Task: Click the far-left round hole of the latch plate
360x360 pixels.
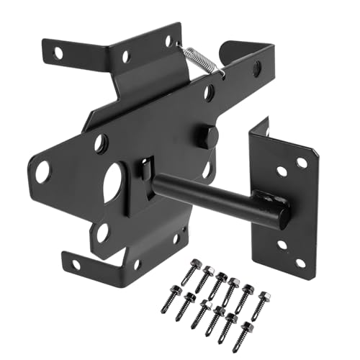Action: click(x=42, y=172)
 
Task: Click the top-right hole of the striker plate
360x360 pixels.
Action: click(x=302, y=163)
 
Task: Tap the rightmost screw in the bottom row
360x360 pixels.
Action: click(x=247, y=329)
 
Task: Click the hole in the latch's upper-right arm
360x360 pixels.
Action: click(x=256, y=68)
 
